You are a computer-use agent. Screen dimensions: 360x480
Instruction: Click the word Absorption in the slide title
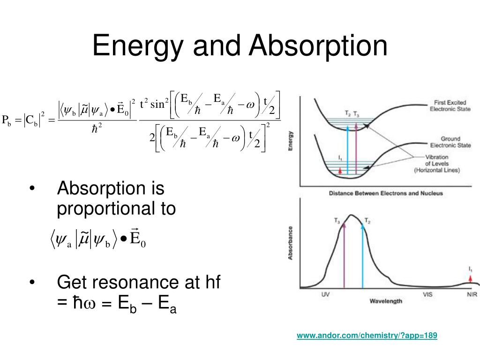coord(318,46)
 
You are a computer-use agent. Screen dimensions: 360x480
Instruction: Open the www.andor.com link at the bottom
coord(367,336)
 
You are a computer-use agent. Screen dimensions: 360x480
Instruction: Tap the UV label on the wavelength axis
coord(326,295)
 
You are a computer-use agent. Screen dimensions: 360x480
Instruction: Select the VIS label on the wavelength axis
coord(427,295)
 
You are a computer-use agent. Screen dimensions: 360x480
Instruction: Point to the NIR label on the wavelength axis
coord(472,295)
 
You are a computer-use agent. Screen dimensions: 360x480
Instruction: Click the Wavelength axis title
coord(386,301)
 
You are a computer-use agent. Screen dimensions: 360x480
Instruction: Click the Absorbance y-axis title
coord(291,243)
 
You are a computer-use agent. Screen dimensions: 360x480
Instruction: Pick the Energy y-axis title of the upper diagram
coord(291,140)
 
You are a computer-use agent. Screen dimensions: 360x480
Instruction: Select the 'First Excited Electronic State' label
coord(450,105)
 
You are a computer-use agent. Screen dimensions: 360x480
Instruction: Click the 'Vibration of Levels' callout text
coord(437,164)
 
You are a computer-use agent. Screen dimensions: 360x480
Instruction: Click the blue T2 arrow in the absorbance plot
coord(362,255)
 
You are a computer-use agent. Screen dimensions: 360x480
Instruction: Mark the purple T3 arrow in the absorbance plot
coord(344,255)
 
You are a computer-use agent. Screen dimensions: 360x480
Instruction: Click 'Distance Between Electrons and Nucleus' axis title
coord(386,193)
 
